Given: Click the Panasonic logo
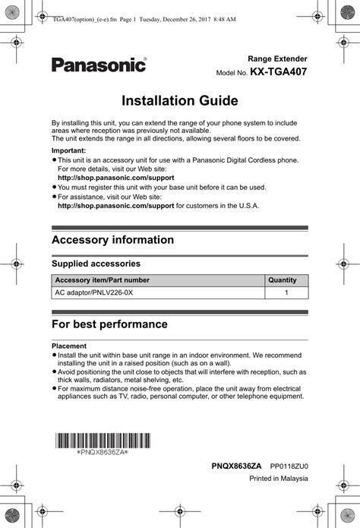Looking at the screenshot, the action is click(x=99, y=65).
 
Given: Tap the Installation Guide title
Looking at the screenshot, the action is click(x=180, y=100).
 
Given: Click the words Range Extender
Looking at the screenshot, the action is click(x=278, y=58).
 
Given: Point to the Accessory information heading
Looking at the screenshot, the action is click(x=112, y=240).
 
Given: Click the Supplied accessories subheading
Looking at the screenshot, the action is click(x=95, y=264).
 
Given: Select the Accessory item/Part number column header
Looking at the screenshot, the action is click(x=103, y=280).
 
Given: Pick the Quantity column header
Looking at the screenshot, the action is click(x=282, y=280).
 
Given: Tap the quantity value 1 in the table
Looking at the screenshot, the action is click(x=286, y=292).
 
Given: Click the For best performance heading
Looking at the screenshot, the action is click(x=109, y=324).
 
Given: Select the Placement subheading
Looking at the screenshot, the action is click(x=69, y=346).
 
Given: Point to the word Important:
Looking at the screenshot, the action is click(x=68, y=150).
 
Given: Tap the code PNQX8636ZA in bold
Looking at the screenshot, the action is click(x=236, y=465).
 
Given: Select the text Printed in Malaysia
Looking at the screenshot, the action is click(x=279, y=478).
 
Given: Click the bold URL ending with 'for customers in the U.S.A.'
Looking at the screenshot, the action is click(x=116, y=204).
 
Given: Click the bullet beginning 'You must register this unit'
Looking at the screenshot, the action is click(x=162, y=187).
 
